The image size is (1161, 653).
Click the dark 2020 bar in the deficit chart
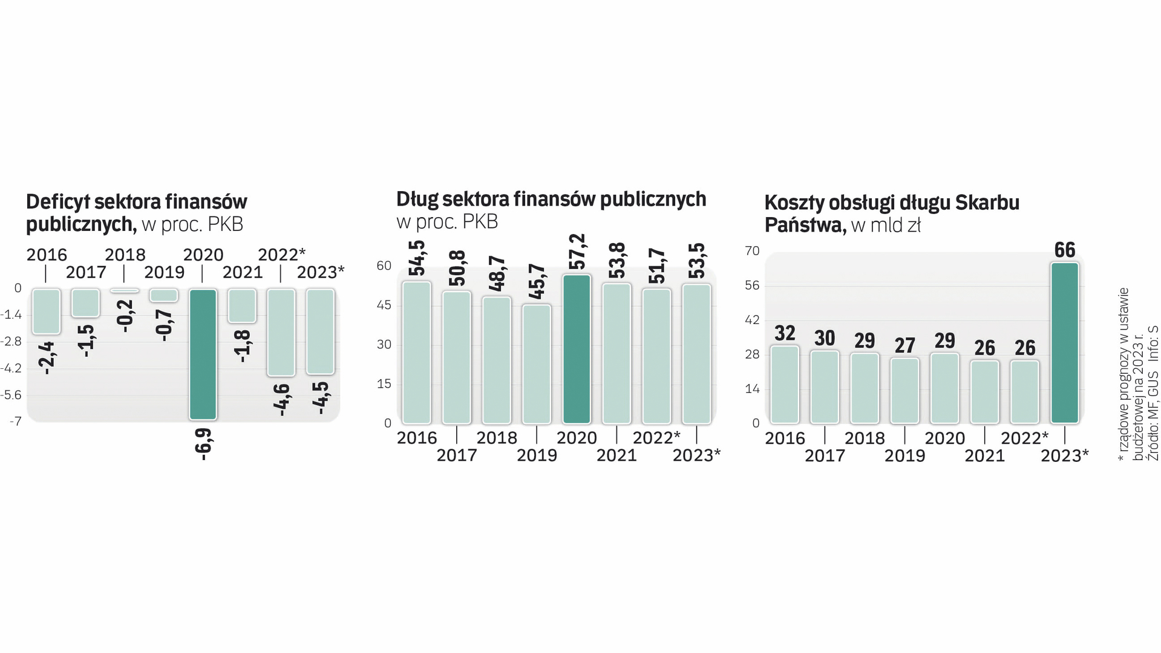203,354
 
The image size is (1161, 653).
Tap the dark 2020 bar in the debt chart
577,349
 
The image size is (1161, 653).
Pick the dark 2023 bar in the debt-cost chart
1065,343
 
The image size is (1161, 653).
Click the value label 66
1065,250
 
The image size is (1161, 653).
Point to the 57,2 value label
578,252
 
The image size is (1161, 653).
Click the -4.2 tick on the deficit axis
11,368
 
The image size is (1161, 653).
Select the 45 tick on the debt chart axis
384,305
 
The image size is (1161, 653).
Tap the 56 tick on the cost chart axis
752,285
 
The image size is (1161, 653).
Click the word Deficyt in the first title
58,202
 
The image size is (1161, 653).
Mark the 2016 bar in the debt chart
417,352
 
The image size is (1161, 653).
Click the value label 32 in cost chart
785,333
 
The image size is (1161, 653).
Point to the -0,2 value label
126,316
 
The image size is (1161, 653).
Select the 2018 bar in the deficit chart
125,291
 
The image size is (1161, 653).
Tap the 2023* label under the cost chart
1065,455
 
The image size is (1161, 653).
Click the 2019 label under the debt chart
537,455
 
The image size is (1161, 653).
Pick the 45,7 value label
537,281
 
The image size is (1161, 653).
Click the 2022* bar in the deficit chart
281,333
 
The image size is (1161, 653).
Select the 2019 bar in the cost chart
904,391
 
